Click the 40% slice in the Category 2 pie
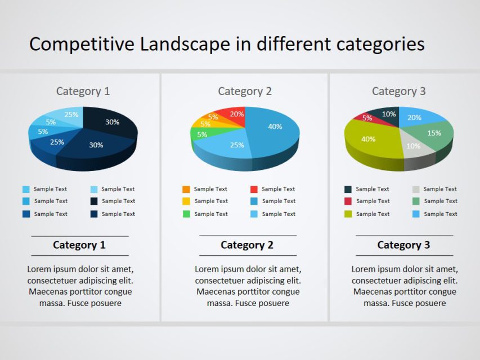coord(274,128)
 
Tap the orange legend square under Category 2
coord(186,190)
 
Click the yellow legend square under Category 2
coord(186,201)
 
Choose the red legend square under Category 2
coord(254,190)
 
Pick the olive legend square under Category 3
coord(348,214)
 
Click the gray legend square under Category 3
coord(416,190)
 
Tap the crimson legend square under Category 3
coord(348,201)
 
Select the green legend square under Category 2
coord(186,214)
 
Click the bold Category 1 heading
coord(79,245)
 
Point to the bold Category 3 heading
coord(403,245)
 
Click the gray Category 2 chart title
coord(245,91)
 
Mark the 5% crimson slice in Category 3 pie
coord(366,118)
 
